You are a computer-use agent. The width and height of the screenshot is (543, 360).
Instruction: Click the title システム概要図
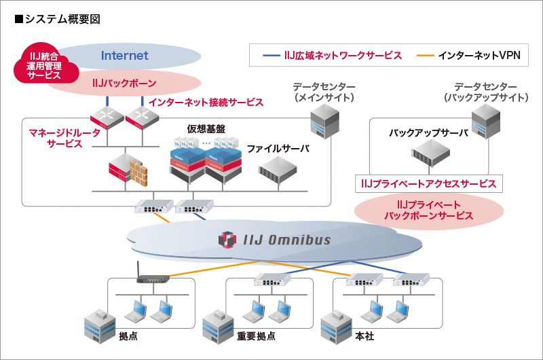coord(57,19)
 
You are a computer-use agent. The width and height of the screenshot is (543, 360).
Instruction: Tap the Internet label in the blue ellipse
coord(124,56)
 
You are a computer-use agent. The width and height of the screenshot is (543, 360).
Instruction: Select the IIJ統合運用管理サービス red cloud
coord(43,66)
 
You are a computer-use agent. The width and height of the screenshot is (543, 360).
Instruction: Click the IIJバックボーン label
coord(124,83)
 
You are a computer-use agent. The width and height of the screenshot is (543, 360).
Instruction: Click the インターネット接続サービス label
coord(206,102)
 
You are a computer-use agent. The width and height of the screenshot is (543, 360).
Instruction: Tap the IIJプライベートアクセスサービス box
coord(428,183)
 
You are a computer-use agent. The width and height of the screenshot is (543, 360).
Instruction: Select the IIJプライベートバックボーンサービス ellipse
coord(428,210)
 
